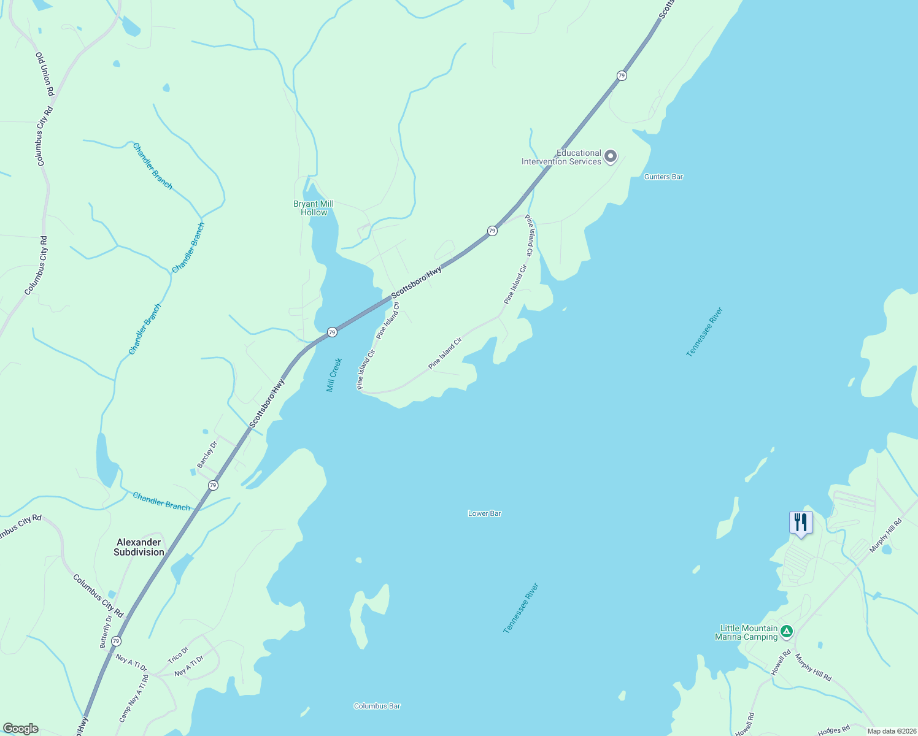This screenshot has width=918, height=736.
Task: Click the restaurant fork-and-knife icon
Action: point(800,523)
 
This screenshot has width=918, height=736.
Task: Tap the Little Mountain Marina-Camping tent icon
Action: point(787,631)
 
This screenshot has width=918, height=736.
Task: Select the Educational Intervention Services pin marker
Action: point(610,157)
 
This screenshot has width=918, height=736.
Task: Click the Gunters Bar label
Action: point(663,177)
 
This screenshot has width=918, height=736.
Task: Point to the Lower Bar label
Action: point(484,513)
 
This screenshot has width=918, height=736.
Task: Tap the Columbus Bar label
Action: point(377,706)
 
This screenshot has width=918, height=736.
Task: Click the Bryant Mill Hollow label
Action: point(314,208)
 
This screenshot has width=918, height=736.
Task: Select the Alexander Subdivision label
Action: point(139,547)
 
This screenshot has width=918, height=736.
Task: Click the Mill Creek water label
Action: point(333,375)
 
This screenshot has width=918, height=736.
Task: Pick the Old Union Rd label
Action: point(45,74)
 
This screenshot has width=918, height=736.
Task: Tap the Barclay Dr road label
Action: point(207,454)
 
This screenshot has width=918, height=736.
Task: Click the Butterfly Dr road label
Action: point(107,631)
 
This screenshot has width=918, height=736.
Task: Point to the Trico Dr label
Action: point(178,655)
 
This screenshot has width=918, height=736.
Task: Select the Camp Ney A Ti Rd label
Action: point(133,699)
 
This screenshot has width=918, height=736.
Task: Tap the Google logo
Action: point(20,729)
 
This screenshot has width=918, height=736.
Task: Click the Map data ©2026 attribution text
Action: point(891,731)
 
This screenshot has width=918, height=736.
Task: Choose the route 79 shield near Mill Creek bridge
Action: point(332,332)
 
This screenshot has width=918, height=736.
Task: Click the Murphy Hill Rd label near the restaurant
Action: point(885,535)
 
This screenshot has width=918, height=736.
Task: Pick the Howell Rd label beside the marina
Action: point(781,663)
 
